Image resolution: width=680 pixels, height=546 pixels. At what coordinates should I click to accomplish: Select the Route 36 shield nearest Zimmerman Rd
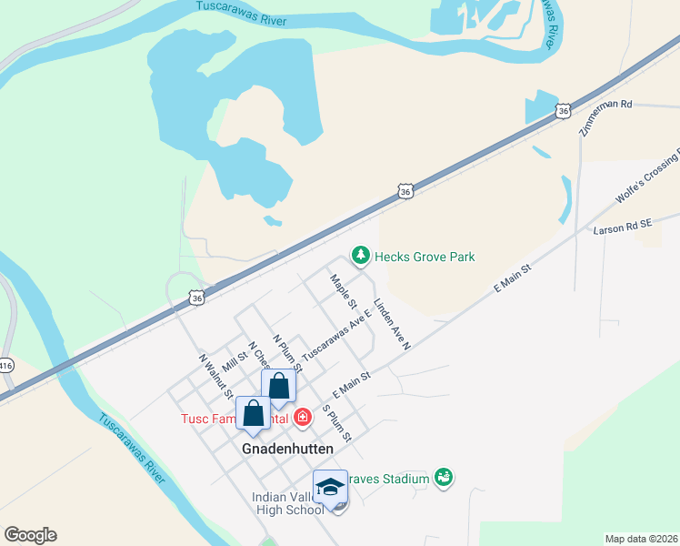click(564, 110)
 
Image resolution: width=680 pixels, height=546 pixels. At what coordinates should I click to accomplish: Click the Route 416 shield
click(5, 366)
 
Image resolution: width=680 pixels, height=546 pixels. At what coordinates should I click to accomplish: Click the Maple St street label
click(344, 291)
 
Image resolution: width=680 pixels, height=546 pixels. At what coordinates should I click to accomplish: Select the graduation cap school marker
click(331, 488)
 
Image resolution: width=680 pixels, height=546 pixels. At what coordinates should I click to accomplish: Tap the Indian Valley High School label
click(288, 502)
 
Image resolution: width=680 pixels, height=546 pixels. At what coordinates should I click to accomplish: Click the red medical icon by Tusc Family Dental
click(303, 419)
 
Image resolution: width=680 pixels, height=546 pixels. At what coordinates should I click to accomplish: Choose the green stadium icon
click(444, 478)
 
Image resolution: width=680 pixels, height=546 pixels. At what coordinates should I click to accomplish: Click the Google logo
click(31, 535)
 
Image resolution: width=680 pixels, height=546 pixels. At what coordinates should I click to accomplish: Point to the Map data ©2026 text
click(642, 539)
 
